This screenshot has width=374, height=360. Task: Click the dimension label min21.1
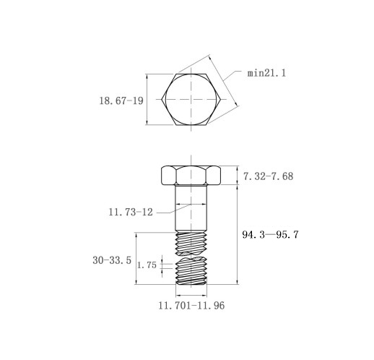click(x=266, y=73)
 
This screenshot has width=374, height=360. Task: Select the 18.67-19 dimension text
click(x=121, y=100)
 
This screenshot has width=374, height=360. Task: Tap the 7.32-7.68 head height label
click(x=269, y=176)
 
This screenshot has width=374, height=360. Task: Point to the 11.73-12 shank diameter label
click(x=131, y=212)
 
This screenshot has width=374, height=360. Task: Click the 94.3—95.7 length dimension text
click(x=270, y=234)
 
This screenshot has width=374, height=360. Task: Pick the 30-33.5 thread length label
click(x=112, y=260)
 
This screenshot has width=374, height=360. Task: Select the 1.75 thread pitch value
click(x=147, y=265)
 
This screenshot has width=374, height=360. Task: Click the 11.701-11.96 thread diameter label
click(x=191, y=306)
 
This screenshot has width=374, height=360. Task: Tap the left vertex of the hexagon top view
click(x=162, y=99)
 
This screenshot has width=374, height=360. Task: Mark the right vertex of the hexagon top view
click(x=221, y=99)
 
